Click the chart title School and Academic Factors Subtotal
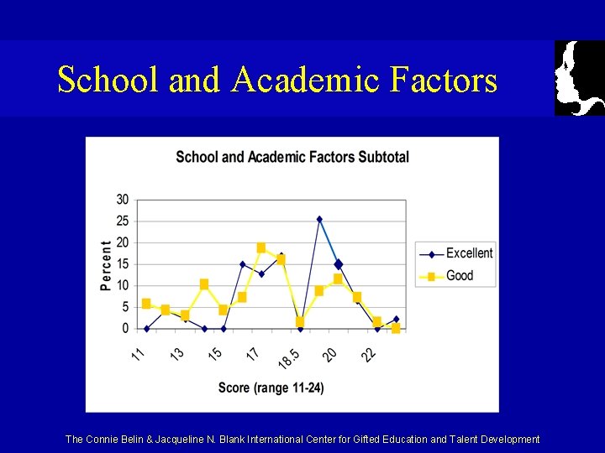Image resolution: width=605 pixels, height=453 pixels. (x=292, y=157)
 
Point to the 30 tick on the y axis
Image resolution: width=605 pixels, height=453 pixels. (x=123, y=200)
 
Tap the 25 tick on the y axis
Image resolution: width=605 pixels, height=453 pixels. (x=123, y=221)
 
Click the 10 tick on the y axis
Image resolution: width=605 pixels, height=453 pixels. (x=123, y=285)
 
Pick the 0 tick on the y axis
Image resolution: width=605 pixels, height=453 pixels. (x=125, y=328)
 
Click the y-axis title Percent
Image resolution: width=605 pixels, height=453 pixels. (x=106, y=265)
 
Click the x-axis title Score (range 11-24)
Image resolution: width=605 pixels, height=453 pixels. (x=271, y=388)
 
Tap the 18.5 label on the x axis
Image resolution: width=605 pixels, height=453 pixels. (x=287, y=357)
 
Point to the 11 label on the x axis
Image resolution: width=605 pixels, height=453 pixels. (x=139, y=354)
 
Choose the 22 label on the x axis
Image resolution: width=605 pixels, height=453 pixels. (x=369, y=355)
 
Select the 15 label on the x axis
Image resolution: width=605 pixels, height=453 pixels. (x=215, y=354)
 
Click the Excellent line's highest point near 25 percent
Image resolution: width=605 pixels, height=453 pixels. (x=319, y=219)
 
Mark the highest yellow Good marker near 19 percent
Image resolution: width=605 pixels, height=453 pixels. (x=261, y=247)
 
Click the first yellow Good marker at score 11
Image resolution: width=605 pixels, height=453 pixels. (x=146, y=304)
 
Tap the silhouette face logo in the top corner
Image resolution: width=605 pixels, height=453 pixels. (x=579, y=77)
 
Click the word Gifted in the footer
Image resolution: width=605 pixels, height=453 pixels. (x=363, y=440)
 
